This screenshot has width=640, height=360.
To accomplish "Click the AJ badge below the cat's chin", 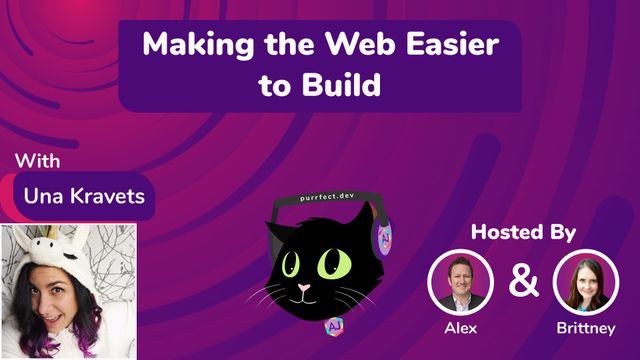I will (x=330, y=327).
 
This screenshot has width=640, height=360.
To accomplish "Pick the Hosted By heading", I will (x=523, y=233).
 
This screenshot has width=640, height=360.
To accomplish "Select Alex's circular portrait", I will (x=461, y=281).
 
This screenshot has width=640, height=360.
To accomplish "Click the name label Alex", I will (x=461, y=327).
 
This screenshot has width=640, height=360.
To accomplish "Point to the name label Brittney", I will (x=583, y=327).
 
